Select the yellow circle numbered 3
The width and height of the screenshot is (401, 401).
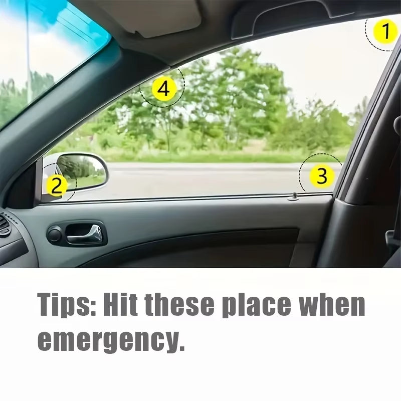pos(322,175)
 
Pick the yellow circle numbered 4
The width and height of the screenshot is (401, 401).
pos(164,90)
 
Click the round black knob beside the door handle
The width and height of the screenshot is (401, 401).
pos(54,234)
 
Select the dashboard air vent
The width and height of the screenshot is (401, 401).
pos(4,226)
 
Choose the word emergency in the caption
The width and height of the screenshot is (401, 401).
pos(108,341)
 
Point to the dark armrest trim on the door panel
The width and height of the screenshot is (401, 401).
pos(200,246)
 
